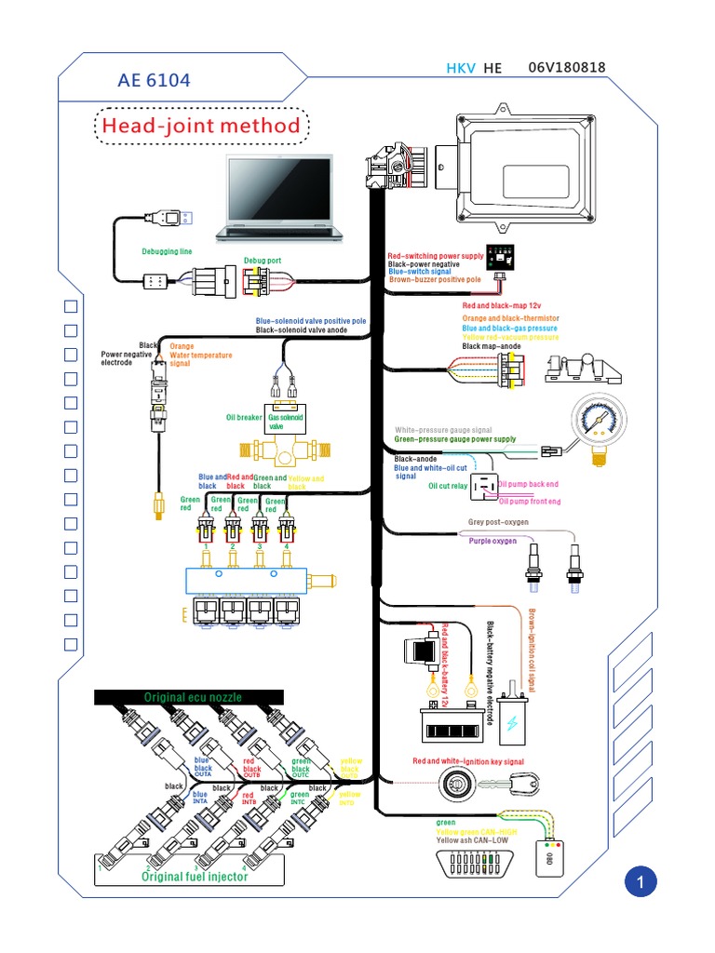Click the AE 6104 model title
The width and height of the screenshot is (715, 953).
pyautogui.click(x=154, y=81)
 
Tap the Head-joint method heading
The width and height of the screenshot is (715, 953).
pyautogui.click(x=201, y=126)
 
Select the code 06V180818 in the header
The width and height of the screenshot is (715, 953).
pyautogui.click(x=566, y=68)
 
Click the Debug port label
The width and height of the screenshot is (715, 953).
pyautogui.click(x=263, y=261)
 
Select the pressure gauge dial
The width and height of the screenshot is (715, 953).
pyautogui.click(x=595, y=418)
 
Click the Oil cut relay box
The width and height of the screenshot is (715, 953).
pyautogui.click(x=484, y=487)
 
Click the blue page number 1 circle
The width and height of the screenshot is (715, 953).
pyautogui.click(x=641, y=881)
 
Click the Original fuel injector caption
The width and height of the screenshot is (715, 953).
pyautogui.click(x=195, y=876)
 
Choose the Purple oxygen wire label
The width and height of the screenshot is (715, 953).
pyautogui.click(x=492, y=540)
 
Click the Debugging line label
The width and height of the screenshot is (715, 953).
pyautogui.click(x=167, y=251)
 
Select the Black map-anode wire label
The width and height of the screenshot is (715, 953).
pyautogui.click(x=492, y=345)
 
